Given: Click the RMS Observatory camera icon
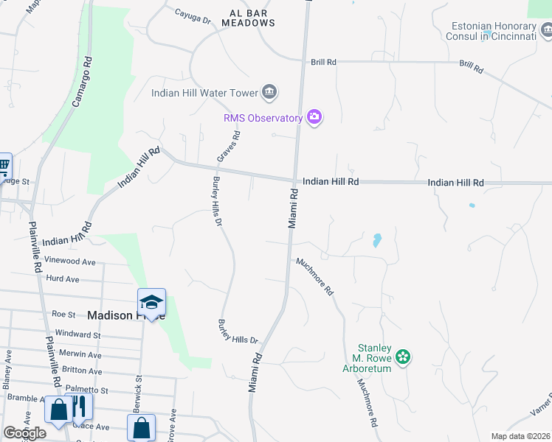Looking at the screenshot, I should (315, 117).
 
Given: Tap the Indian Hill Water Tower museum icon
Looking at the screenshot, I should (269, 93).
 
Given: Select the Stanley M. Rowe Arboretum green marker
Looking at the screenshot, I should (402, 357).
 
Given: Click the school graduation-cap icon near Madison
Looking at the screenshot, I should (151, 303).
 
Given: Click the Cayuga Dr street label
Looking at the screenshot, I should (193, 13).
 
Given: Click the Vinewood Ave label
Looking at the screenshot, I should (70, 262).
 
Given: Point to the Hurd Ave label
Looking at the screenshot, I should (62, 279).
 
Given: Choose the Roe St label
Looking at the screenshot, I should (63, 314).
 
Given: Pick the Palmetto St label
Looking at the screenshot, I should (88, 390).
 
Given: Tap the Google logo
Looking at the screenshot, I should (24, 433).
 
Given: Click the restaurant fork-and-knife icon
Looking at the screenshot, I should (79, 407).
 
